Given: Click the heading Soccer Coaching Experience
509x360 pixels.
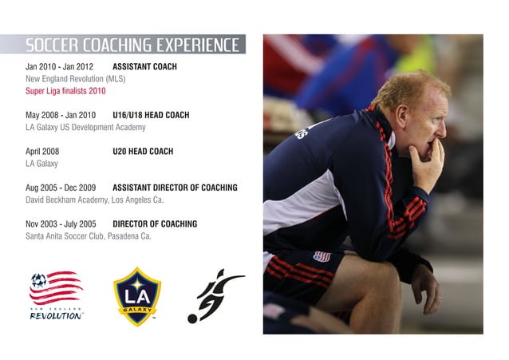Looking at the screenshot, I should tap(132, 45).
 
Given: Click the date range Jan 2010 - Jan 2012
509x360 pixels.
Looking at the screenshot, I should tap(60, 67).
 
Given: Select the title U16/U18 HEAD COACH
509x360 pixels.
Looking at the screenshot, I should tap(151, 115).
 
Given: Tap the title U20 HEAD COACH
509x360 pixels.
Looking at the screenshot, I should tap(143, 152).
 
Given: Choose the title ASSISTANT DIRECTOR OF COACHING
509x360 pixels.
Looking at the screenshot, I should tap(175, 188).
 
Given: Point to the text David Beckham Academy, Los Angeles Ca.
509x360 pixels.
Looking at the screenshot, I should tap(94, 200).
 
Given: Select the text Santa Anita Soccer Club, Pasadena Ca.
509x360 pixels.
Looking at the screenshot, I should tap(89, 236).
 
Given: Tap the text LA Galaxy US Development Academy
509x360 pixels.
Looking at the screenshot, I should tap(85, 127).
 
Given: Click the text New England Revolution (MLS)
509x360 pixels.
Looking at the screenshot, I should tap(76, 79).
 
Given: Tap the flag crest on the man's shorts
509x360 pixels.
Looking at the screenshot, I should tap(322, 257).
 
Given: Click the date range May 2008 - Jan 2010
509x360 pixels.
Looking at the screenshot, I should tap(61, 115).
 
